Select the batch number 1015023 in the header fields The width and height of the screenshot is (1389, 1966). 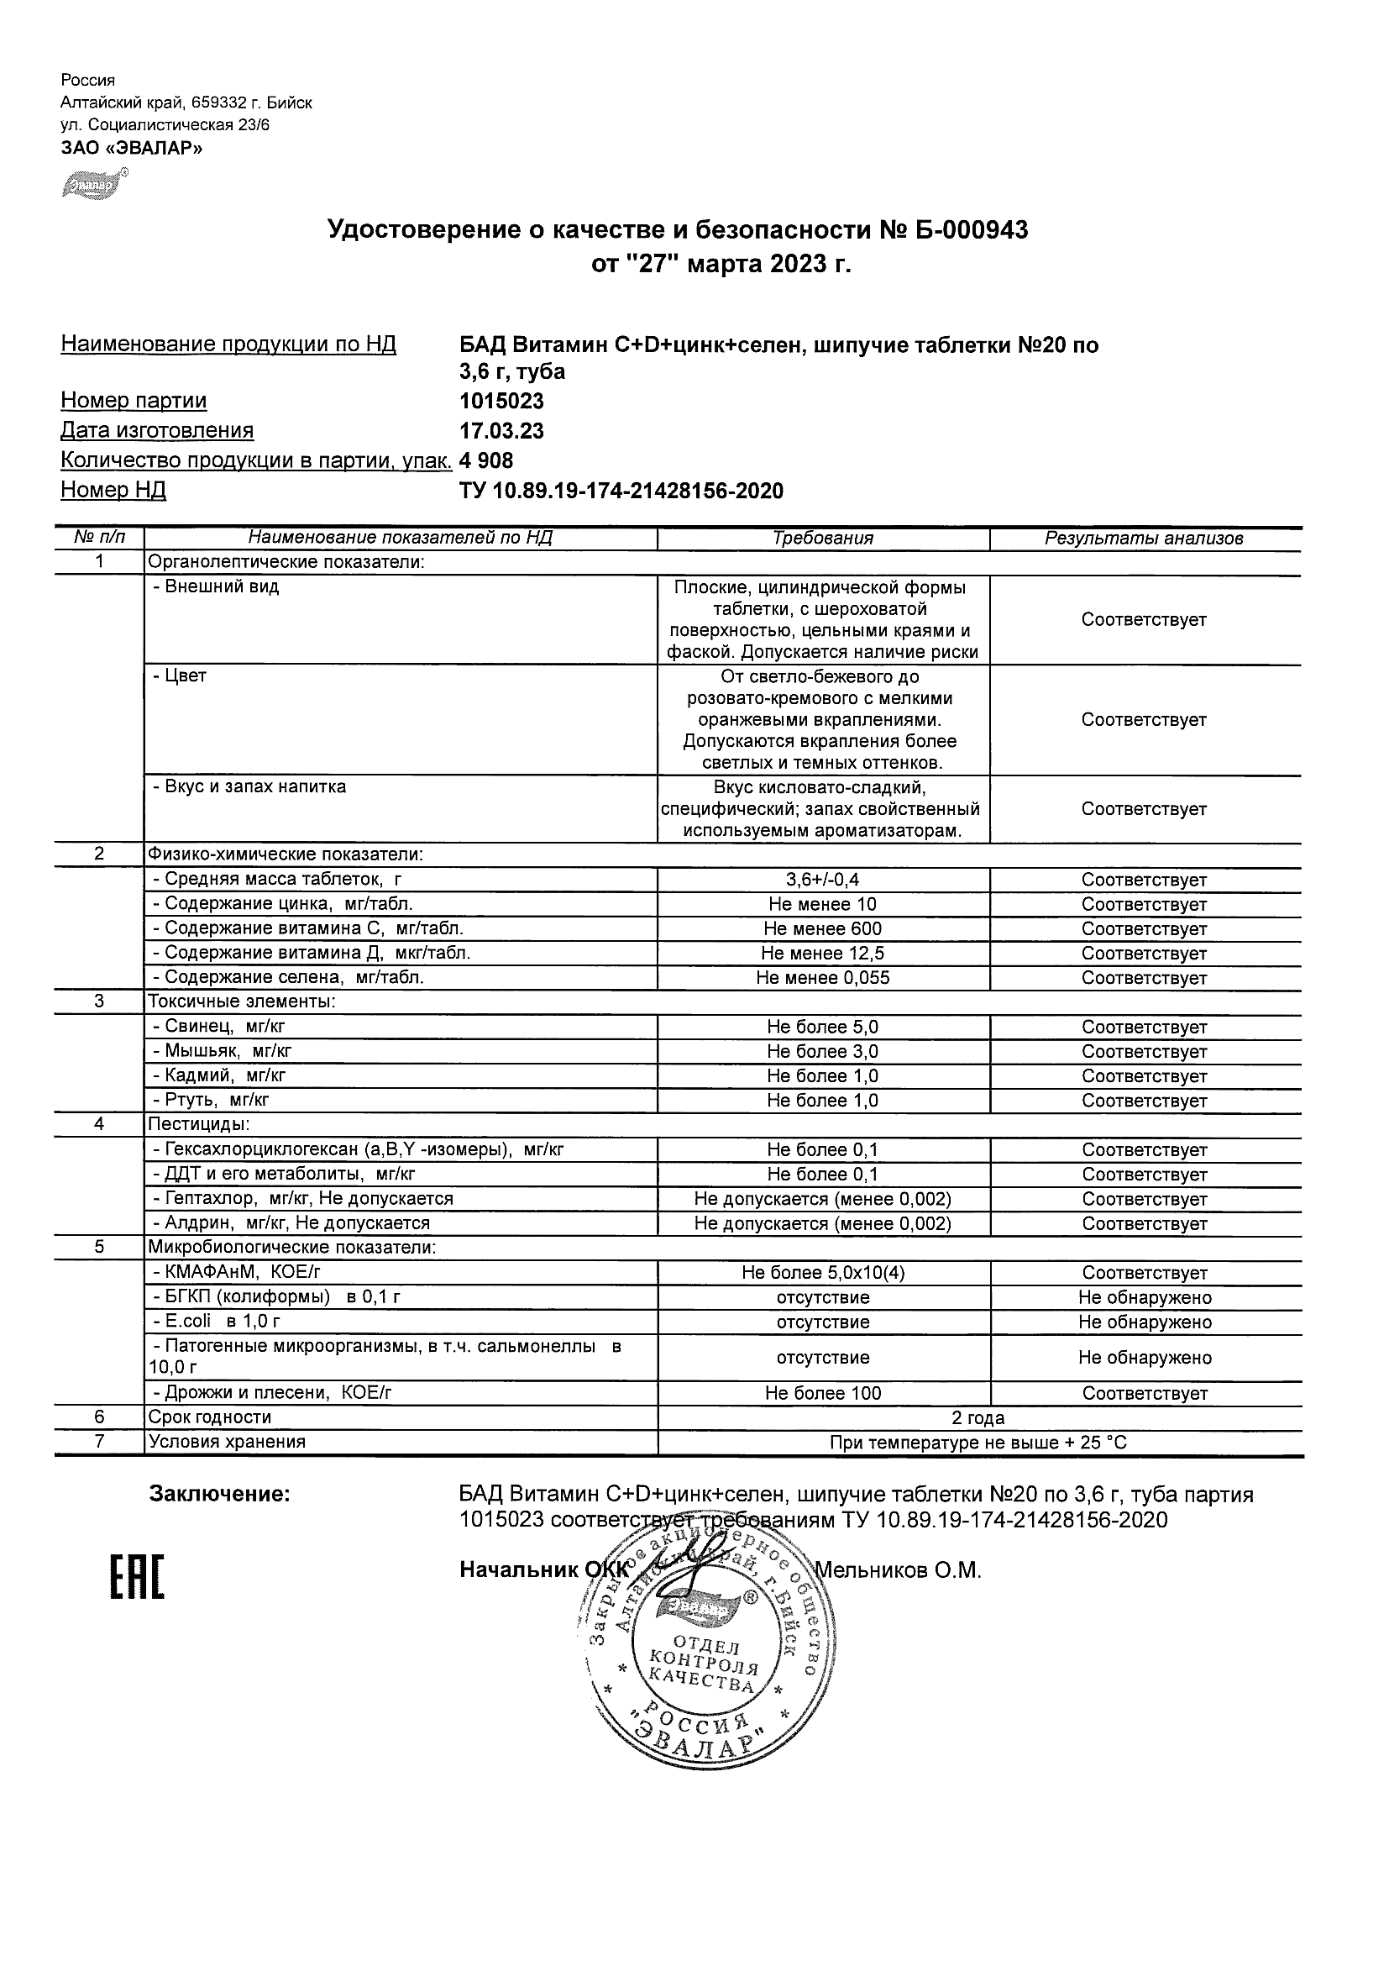(501, 402)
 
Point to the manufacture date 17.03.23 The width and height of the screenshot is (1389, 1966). (501, 431)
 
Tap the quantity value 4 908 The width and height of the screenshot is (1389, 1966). (486, 460)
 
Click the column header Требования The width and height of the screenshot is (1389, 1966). (822, 539)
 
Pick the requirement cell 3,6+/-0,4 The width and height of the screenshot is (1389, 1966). (822, 880)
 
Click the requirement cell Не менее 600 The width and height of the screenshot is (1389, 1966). (822, 928)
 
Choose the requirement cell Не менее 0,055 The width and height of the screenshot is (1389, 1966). (822, 978)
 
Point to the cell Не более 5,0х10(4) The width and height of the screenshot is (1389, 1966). (822, 1272)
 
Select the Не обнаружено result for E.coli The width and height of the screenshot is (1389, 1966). (1145, 1322)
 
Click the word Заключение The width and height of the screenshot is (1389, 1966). (220, 1495)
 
